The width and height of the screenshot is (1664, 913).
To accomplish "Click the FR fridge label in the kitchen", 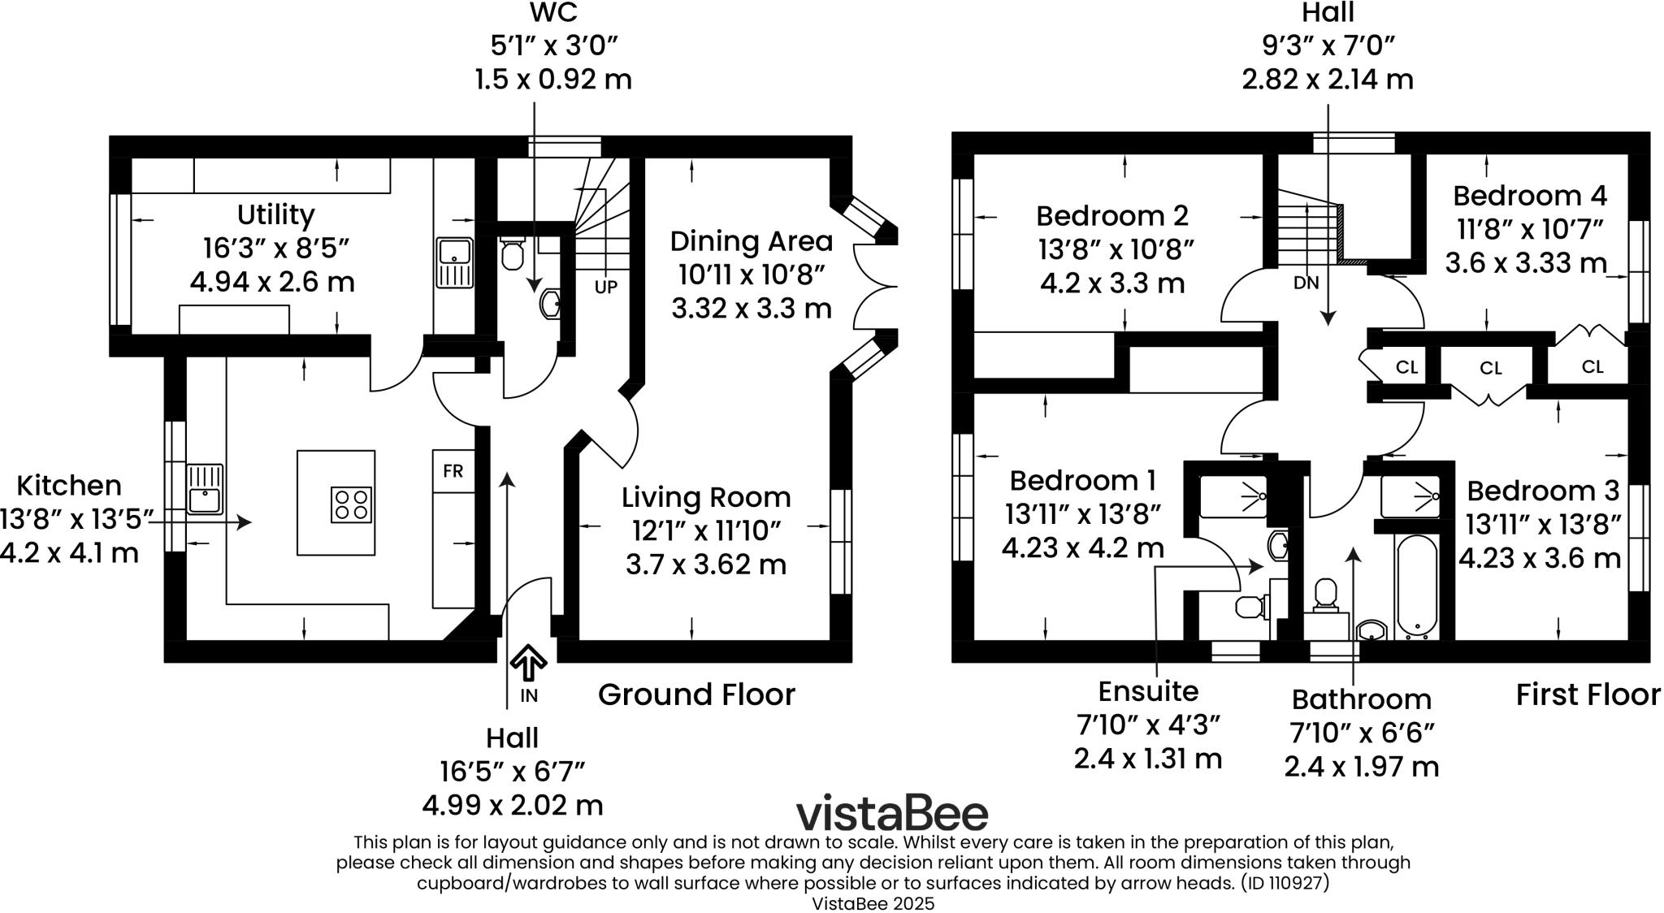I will coord(453,471).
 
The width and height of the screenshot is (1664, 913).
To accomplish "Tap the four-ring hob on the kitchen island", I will coord(352,504).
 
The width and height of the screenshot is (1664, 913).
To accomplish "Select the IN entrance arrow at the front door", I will coord(528,664).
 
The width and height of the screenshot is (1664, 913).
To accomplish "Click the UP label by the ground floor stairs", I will coord(606,287).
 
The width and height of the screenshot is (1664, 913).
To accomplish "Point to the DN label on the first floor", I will coord(1306,283).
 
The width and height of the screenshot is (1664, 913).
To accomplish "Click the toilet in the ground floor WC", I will coord(512,253).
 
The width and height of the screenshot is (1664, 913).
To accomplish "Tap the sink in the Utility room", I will coord(454,262).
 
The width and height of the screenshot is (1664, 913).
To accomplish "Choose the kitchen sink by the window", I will coord(205,489).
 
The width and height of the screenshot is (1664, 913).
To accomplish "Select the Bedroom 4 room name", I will coord(1529,196).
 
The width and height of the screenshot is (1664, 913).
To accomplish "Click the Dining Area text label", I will coord(751,241).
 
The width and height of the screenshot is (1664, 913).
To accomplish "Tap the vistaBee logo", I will coord(891,814).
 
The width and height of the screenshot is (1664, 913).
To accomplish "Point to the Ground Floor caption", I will coord(696,694).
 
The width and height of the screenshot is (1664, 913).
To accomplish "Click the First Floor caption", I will coord(1588,694).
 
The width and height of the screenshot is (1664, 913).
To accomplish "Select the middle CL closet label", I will coord(1490,368).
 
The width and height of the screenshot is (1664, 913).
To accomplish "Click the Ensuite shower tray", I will coord(1232,496).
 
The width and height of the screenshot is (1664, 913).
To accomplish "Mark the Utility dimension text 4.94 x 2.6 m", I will coord(272,282).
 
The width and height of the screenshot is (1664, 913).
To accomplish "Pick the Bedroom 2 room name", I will coord(1111,216).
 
